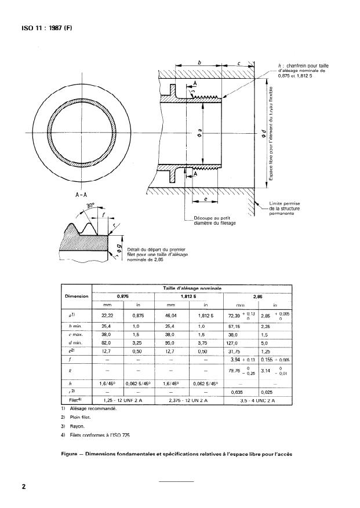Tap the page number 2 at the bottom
click(24, 487)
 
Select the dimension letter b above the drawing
click(199, 63)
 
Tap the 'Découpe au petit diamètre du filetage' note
click(214, 221)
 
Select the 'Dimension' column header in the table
click(76, 296)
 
